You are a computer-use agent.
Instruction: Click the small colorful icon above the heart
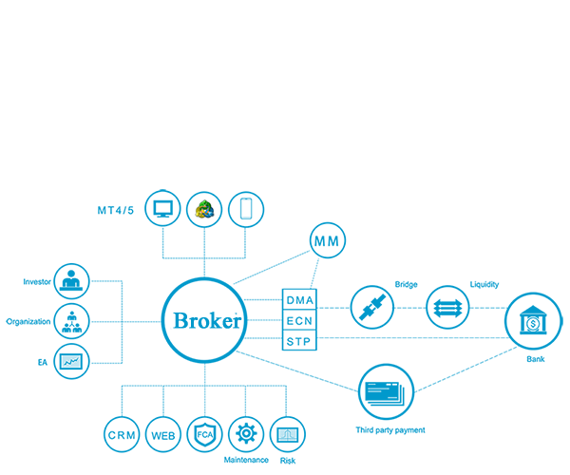[x=204, y=209]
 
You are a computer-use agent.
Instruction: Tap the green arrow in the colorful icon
[x=202, y=205]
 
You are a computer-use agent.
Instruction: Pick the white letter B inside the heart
[x=180, y=320]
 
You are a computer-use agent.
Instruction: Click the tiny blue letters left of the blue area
[x=10, y=321]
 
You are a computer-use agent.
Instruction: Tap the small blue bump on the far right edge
[x=561, y=321]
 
